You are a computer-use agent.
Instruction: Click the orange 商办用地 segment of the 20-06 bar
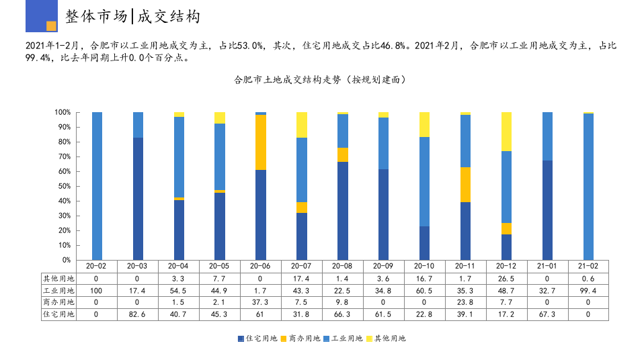[x=261, y=142]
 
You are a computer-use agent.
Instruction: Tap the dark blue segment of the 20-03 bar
[x=138, y=199]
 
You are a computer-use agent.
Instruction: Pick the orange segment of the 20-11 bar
[x=465, y=185]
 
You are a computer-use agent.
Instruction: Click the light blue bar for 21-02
[x=588, y=187]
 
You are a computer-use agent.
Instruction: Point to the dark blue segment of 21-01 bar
[x=547, y=210]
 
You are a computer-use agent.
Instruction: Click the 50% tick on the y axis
[x=63, y=186]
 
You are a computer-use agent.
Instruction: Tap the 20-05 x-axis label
[x=220, y=266]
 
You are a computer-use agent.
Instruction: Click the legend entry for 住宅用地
[x=257, y=338]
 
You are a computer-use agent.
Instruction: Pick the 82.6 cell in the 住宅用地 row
[x=138, y=314]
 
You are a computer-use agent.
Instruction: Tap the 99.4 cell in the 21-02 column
[x=588, y=290]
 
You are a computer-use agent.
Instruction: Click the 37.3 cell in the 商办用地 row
[x=261, y=302]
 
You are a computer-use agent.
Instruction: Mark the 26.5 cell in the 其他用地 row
[x=506, y=278]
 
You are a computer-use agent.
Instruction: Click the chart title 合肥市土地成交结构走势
[x=319, y=79]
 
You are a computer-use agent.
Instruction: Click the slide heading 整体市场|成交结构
[x=133, y=17]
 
